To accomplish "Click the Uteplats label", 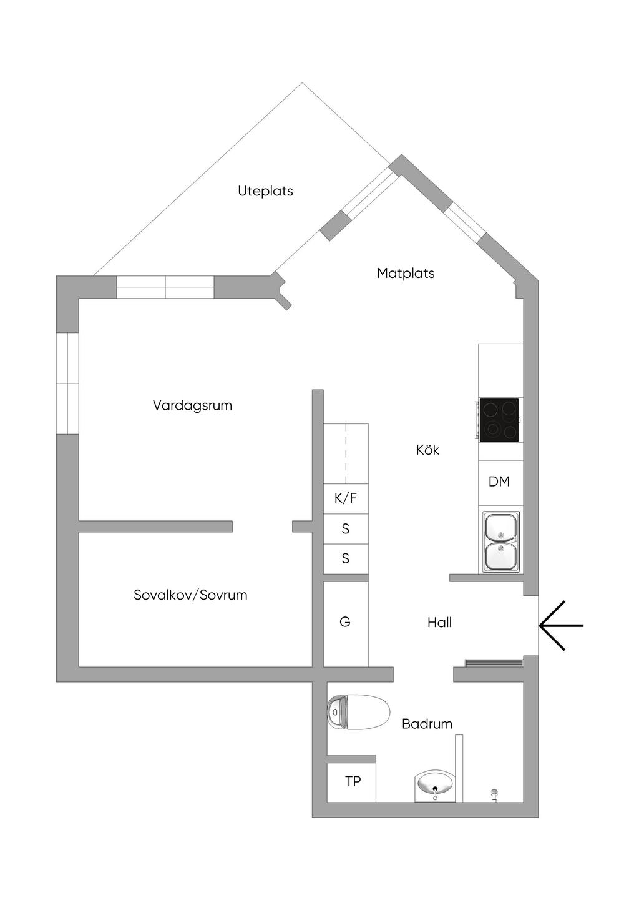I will click(265, 191).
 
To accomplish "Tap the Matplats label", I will click(406, 273).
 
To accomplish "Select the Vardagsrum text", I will click(192, 405).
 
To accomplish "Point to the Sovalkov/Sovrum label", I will click(190, 595).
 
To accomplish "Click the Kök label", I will click(427, 450).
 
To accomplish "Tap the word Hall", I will click(439, 622).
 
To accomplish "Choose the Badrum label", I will click(427, 724).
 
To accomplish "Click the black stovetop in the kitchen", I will click(499, 420).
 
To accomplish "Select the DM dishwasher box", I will click(499, 482).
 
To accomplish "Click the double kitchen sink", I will click(500, 542).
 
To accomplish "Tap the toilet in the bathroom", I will click(358, 712).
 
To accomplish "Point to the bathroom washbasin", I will click(436, 786).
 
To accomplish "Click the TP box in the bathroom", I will click(352, 781).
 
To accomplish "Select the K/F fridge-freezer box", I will click(346, 498).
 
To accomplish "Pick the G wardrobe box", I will click(345, 622).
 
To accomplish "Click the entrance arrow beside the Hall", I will click(560, 625).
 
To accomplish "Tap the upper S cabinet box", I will click(346, 529).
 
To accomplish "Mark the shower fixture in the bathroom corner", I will click(494, 794).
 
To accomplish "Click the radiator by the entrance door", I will click(493, 663).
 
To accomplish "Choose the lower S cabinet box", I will click(346, 558).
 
